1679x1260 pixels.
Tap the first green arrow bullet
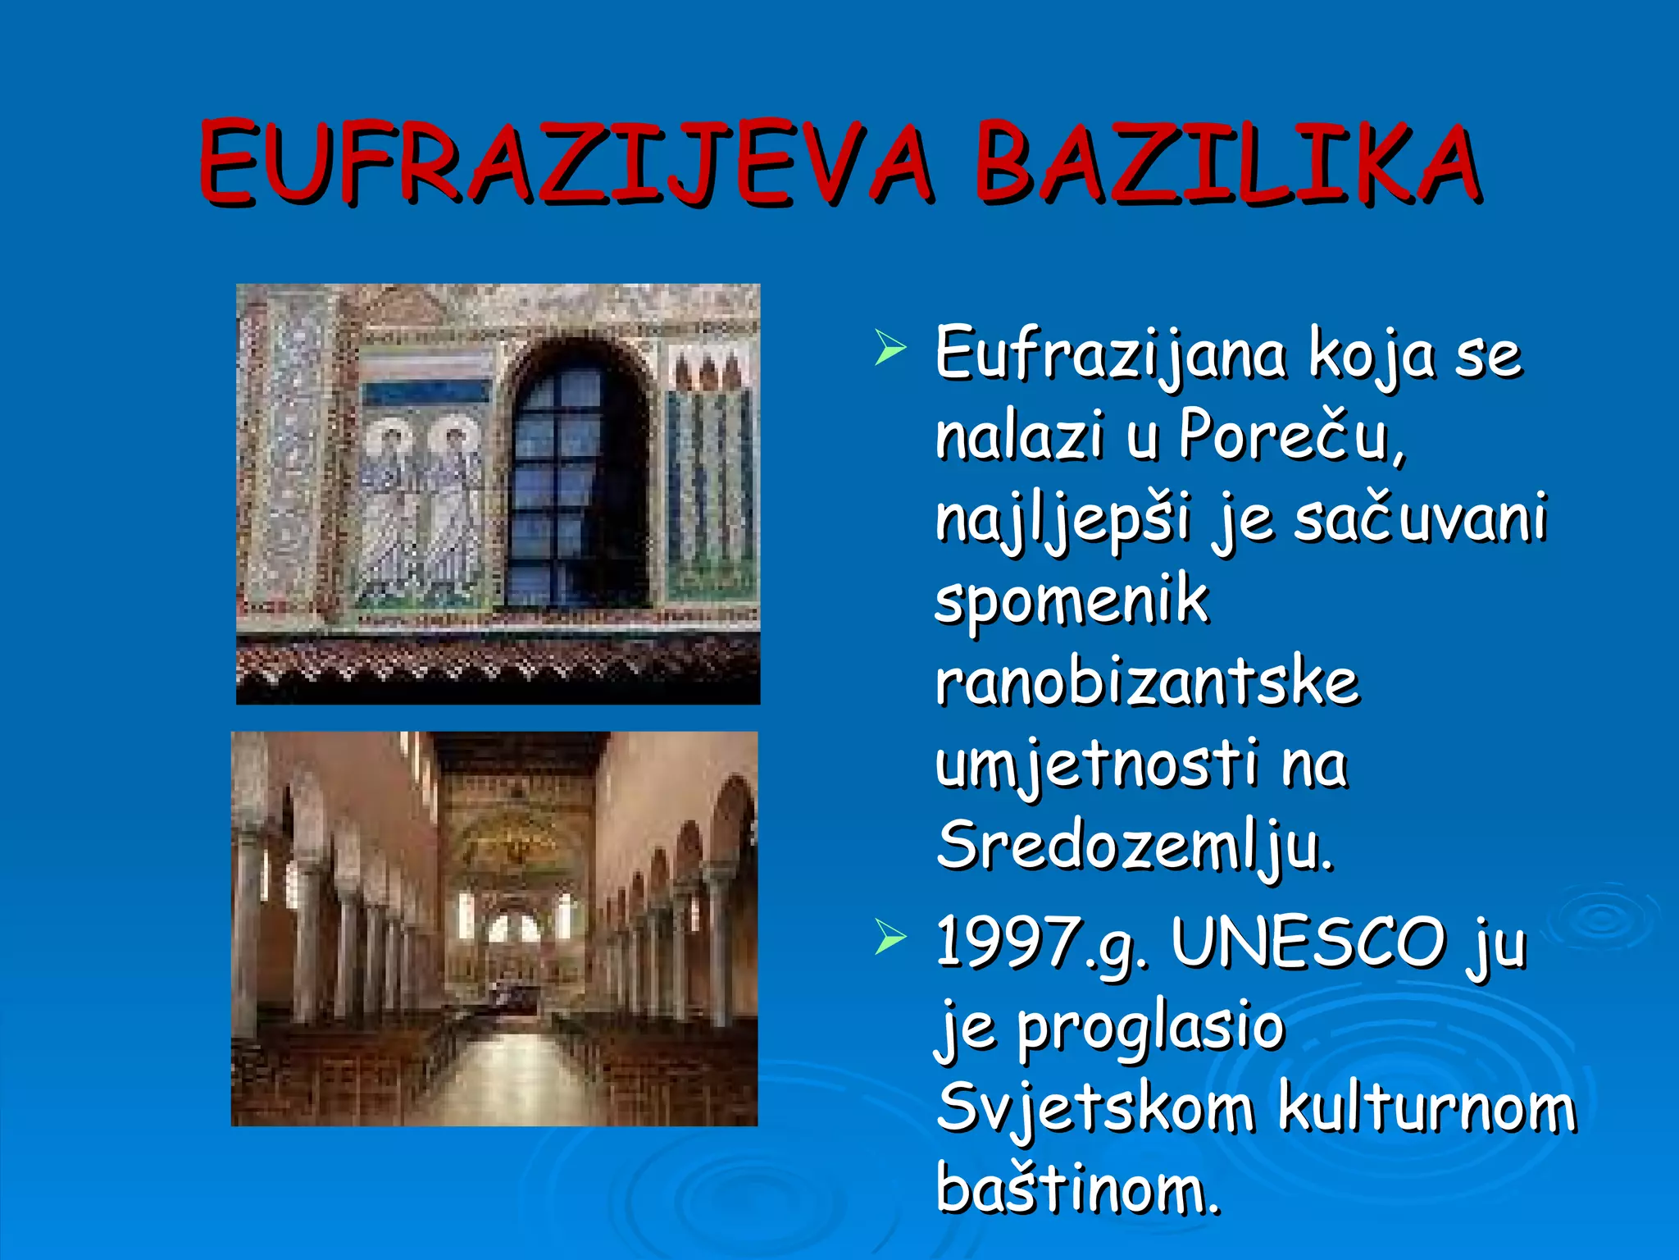(x=890, y=349)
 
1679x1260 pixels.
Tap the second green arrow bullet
(x=890, y=937)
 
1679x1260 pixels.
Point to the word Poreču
(x=1291, y=436)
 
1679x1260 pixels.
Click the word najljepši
(x=1062, y=520)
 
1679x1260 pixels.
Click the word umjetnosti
(x=1097, y=765)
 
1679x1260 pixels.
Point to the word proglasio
(x=1150, y=1029)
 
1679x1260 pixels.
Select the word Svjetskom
(x=1095, y=1108)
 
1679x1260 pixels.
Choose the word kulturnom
(x=1426, y=1108)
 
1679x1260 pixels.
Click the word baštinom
(x=1077, y=1189)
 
